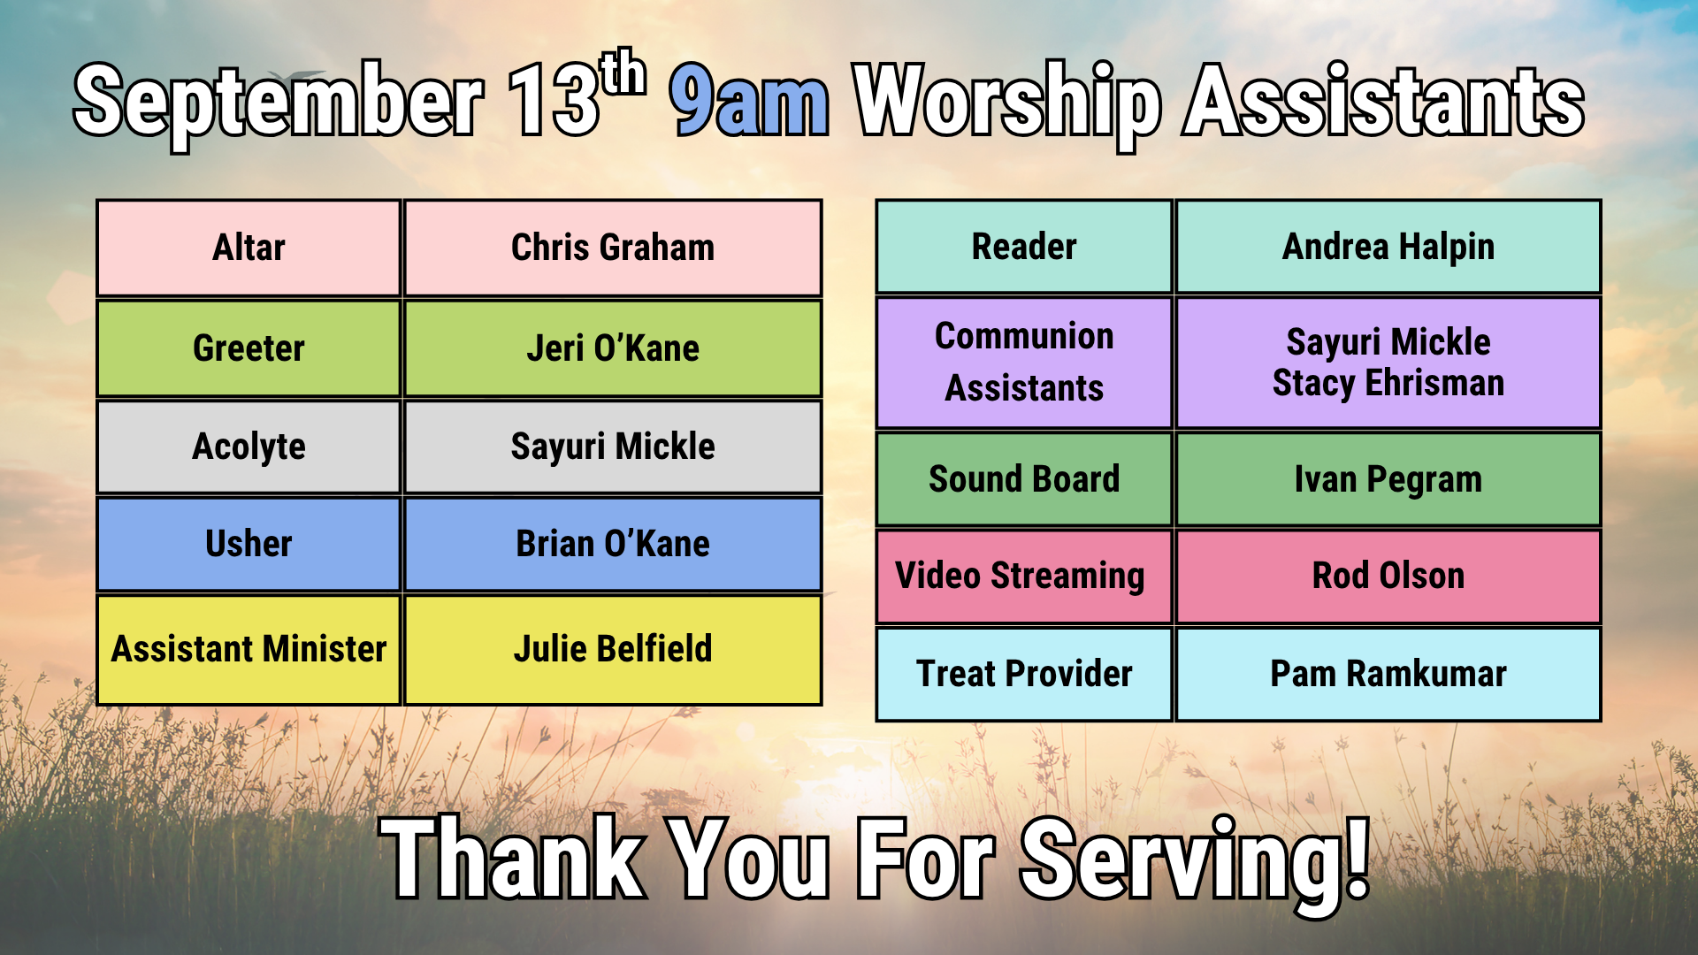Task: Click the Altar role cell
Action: [249, 248]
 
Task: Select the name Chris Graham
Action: [613, 248]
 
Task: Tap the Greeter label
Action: [249, 348]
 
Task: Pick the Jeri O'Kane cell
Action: [613, 348]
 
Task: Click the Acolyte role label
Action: [249, 447]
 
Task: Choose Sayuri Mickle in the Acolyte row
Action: [613, 447]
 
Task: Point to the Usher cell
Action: [249, 544]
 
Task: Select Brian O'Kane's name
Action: [613, 544]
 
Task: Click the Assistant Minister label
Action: [249, 649]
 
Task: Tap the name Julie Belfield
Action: [613, 649]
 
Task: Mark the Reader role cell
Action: [1024, 247]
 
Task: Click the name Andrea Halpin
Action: [1388, 248]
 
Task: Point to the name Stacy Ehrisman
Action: [1388, 384]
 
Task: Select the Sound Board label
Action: [1024, 479]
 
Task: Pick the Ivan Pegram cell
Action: [1388, 479]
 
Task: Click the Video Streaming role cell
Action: [1024, 577]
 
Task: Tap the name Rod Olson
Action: [1388, 576]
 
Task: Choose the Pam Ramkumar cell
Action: [1388, 674]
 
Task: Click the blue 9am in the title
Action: [750, 100]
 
